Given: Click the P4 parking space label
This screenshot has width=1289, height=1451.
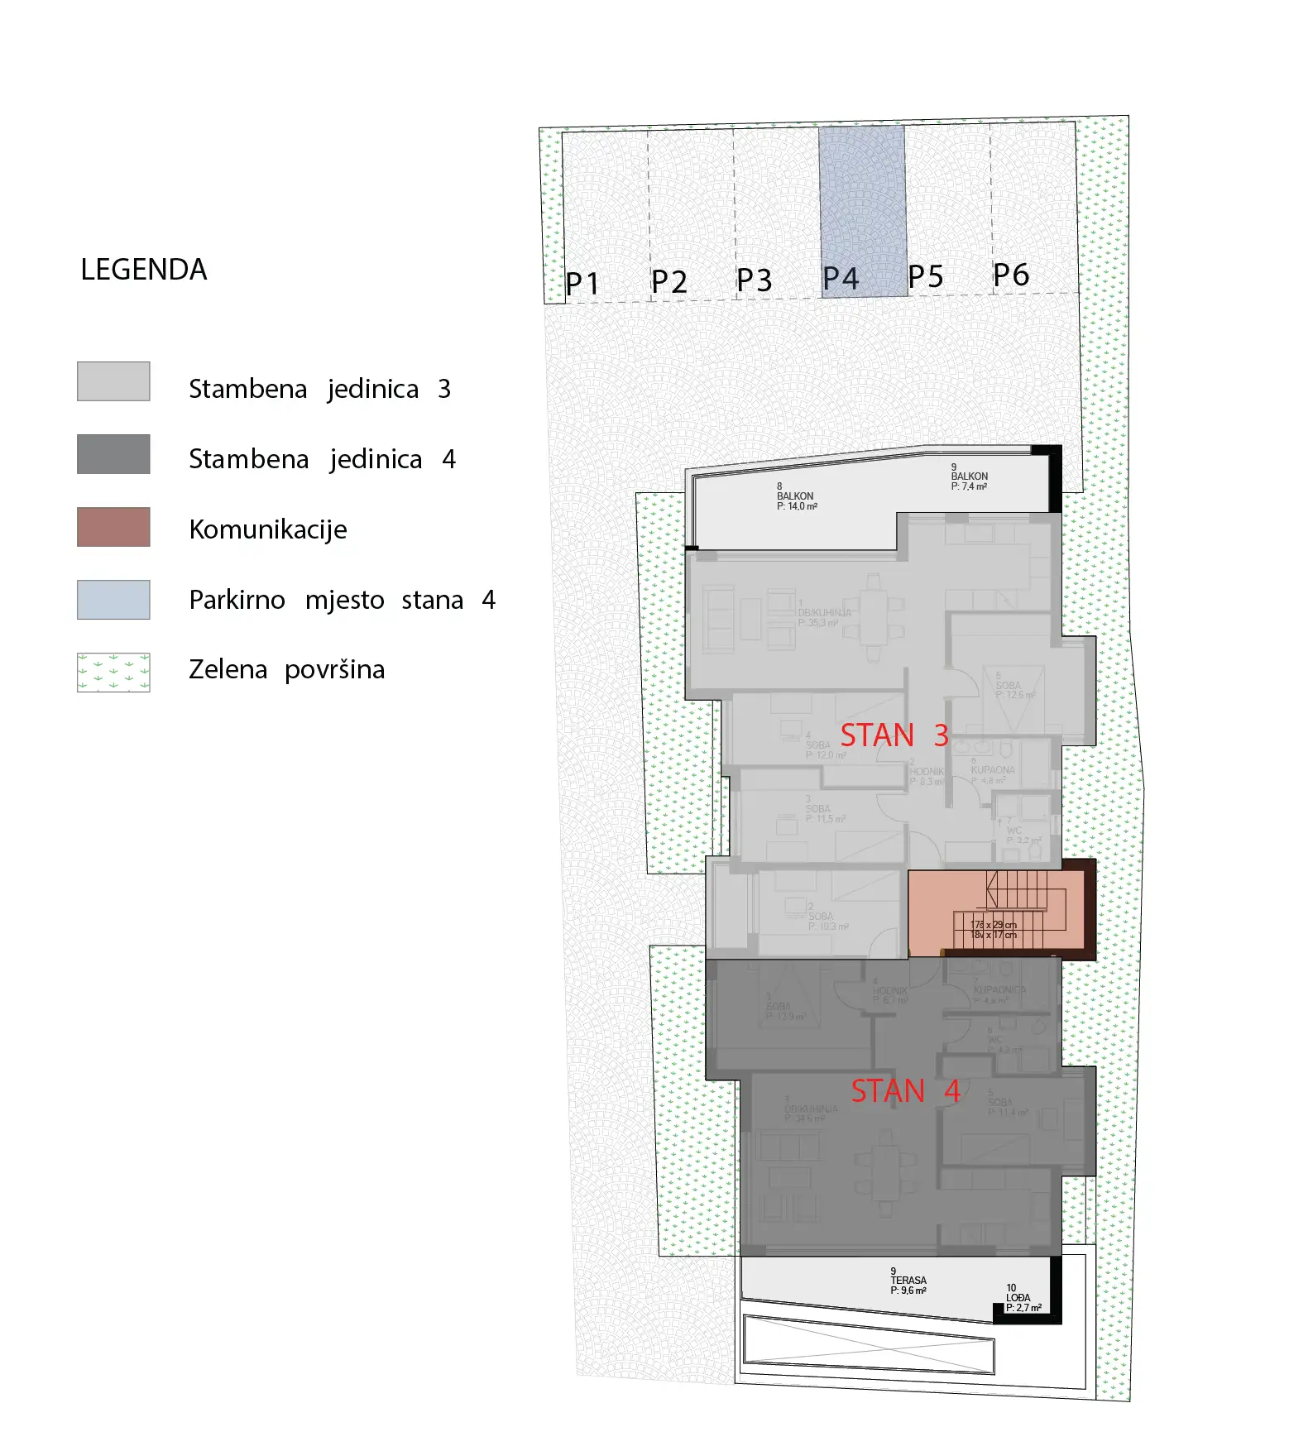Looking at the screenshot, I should [x=841, y=279].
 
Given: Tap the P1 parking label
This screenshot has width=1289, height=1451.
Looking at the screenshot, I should [x=582, y=284].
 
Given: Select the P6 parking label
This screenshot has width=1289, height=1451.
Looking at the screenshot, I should [x=1011, y=275].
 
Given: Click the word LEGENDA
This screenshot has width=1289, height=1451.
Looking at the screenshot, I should [x=143, y=270].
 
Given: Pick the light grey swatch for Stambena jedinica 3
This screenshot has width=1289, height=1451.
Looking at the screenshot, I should [x=113, y=381].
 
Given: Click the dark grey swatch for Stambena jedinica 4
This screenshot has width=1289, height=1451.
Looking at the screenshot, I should [x=113, y=454].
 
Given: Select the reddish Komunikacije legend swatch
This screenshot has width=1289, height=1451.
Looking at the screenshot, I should [x=113, y=527].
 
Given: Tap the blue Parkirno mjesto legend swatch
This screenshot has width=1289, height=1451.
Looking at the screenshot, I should [x=113, y=600].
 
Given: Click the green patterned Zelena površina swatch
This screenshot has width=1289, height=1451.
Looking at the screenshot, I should [x=113, y=673].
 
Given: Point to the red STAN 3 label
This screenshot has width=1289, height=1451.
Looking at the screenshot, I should [x=894, y=735].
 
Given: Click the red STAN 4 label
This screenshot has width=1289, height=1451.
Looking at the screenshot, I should [x=905, y=1091].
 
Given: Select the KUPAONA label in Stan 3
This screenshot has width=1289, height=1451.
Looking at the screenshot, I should [x=992, y=770].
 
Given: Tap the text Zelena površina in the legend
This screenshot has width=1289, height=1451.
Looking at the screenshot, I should [x=286, y=669].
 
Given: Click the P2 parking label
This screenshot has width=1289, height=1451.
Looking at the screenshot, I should [x=668, y=282].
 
